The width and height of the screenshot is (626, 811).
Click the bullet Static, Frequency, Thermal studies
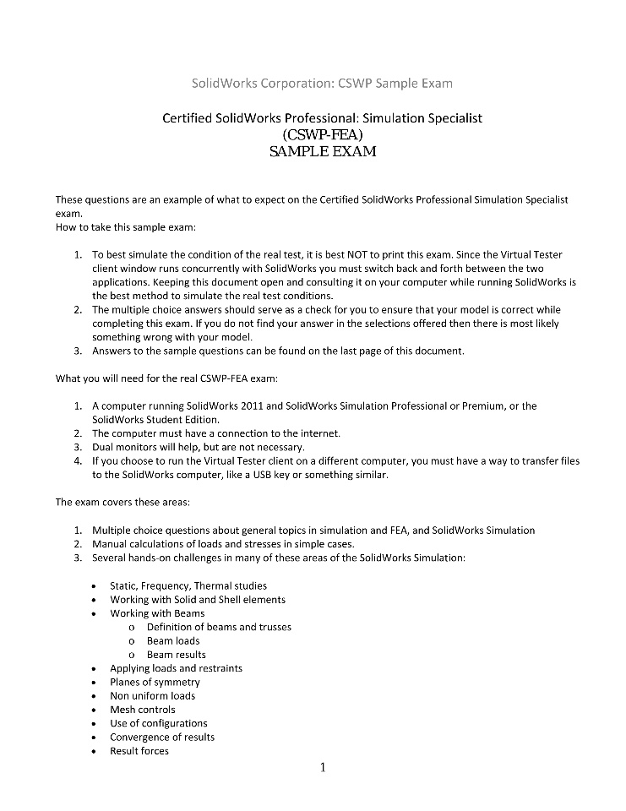pos(188,585)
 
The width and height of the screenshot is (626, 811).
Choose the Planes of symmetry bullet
pos(155,682)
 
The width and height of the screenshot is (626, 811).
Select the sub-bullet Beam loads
pos(173,640)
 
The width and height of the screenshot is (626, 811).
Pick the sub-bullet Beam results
pos(176,655)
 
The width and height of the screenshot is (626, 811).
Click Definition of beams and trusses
pos(219,627)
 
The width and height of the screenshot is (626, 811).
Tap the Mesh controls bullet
pos(143,710)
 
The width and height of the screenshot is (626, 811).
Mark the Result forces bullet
pos(139,751)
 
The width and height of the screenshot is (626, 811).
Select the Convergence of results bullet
pos(162,737)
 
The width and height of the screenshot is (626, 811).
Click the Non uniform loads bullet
pos(152,696)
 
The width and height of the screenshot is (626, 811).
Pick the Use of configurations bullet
pos(158,723)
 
